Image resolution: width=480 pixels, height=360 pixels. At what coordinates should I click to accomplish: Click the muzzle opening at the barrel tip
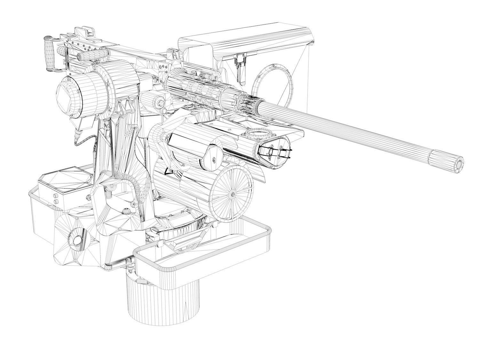pos(460,164)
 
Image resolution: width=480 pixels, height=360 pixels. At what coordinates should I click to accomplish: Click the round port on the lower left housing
pos(76,240)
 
